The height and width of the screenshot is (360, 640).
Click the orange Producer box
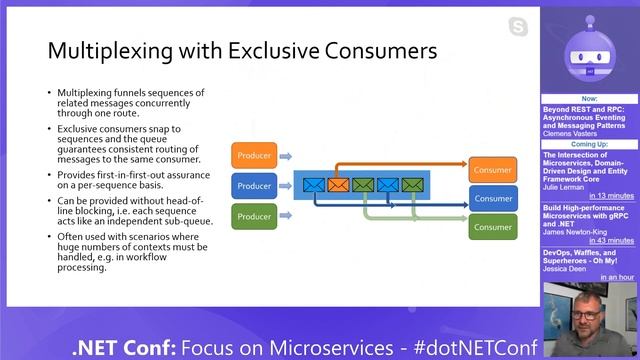(254, 155)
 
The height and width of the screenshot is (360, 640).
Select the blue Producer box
(254, 185)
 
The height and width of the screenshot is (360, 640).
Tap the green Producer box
(254, 215)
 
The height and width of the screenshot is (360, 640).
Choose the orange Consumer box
(493, 170)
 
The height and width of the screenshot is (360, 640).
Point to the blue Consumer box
(493, 198)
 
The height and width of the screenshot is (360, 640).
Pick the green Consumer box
(493, 226)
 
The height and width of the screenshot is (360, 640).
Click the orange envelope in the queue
(339, 184)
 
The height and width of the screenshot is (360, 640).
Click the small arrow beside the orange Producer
(285, 155)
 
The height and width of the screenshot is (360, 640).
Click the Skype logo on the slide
(517, 25)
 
